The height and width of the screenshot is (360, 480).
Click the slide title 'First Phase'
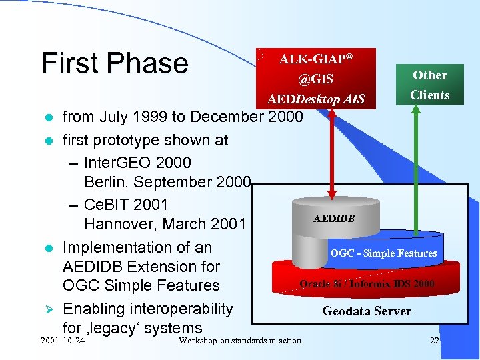pos(115,63)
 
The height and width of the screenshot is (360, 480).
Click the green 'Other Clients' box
pos(429,85)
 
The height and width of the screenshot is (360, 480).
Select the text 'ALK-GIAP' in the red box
pos(312,59)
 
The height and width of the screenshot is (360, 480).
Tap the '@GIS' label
pos(315,79)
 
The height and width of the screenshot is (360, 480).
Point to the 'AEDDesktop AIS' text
pos(316,99)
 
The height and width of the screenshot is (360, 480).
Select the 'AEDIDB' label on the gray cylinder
pos(334,218)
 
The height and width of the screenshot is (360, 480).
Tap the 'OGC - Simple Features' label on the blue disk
pos(383,253)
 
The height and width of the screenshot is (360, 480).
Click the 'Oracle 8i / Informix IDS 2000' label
pos(367,284)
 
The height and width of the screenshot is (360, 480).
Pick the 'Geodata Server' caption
pos(367,311)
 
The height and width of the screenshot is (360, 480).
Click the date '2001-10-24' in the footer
pos(63,341)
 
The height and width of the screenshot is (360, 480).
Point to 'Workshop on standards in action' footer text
pos(240,341)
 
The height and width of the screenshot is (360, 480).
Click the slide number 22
pos(435,341)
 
